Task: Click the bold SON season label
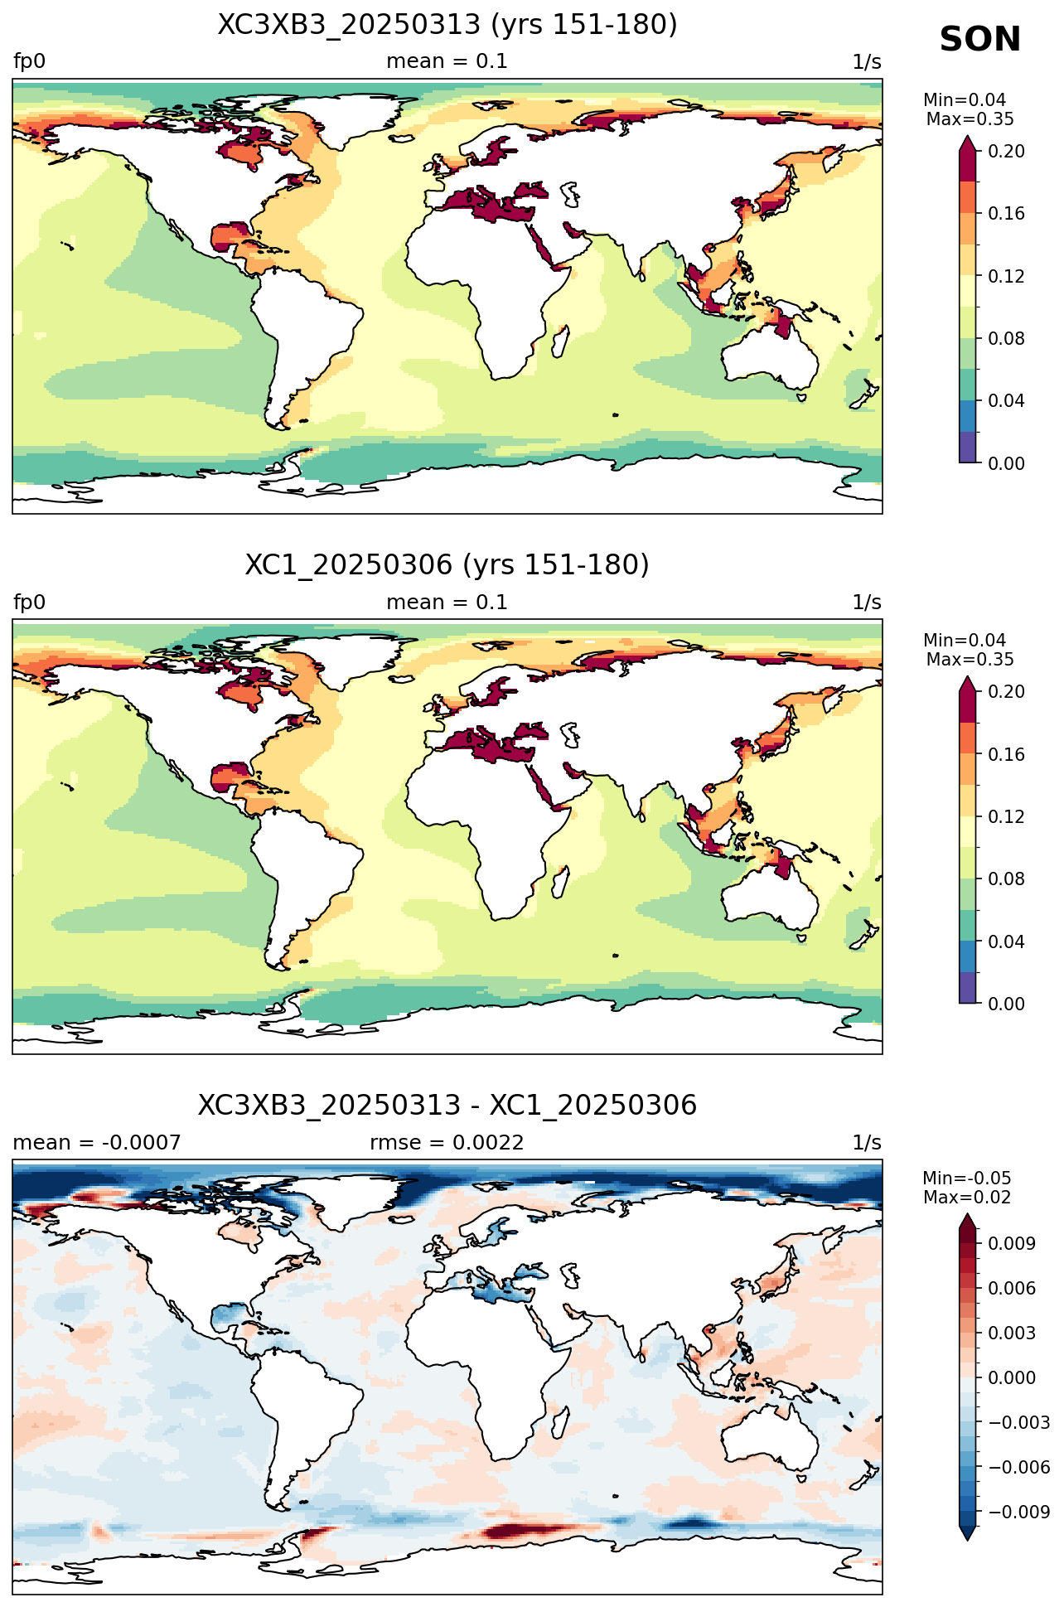(x=979, y=40)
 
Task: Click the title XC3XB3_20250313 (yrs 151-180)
(x=447, y=25)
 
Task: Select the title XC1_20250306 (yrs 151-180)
(x=447, y=564)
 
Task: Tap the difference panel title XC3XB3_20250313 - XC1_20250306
(x=447, y=1105)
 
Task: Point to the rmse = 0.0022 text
(x=447, y=1143)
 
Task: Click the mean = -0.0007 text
(x=97, y=1143)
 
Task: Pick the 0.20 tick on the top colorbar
(x=1006, y=151)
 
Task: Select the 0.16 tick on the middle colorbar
(x=1006, y=754)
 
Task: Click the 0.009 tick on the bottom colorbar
(x=1011, y=1243)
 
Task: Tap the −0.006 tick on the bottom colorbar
(x=1018, y=1467)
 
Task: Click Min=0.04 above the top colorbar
(x=965, y=100)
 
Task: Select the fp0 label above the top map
(x=29, y=61)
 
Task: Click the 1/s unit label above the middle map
(x=867, y=603)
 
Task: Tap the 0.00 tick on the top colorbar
(x=1006, y=463)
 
